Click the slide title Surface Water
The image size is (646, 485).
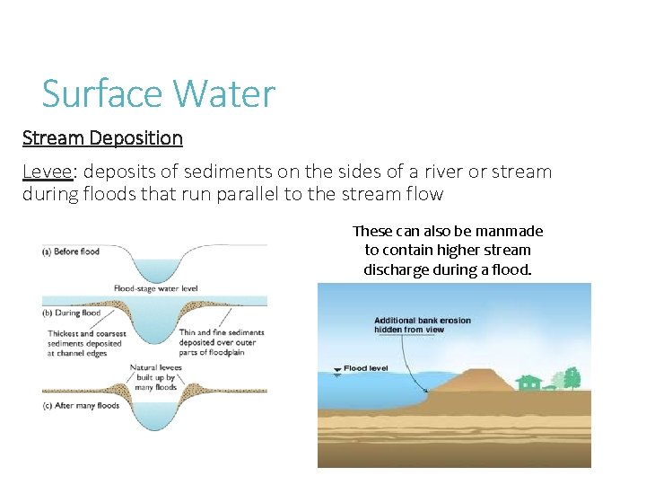[x=159, y=93]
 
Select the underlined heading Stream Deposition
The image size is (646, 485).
[x=102, y=138]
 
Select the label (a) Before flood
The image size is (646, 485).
[x=71, y=251]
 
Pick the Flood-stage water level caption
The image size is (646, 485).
[x=155, y=288]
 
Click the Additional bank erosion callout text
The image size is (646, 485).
[x=422, y=325]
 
